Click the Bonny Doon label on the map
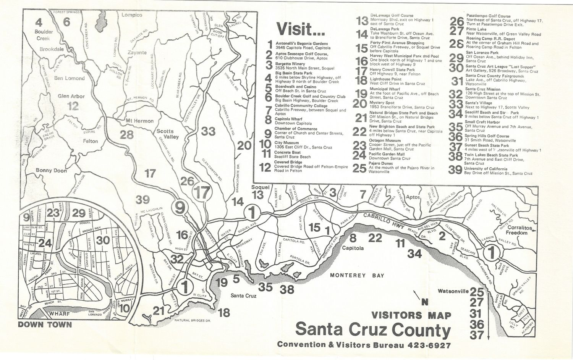pos(51,171)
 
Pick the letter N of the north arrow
pos(424,302)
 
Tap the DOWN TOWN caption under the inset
pos(45,325)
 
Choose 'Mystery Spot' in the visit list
pos(382,103)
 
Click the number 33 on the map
pos(209,131)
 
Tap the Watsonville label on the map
pos(453,291)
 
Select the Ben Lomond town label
pos(69,78)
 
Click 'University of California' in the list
pos(486,169)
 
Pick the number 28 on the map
pos(126,134)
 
